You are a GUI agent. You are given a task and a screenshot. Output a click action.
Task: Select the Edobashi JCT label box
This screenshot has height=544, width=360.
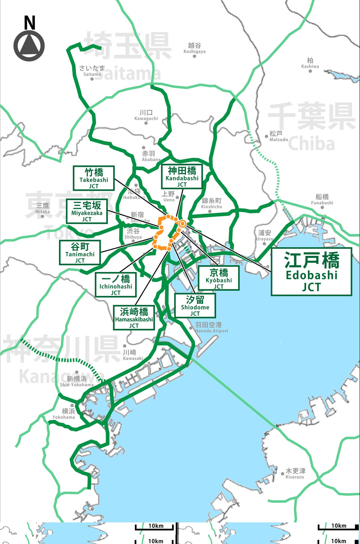coord(311,272)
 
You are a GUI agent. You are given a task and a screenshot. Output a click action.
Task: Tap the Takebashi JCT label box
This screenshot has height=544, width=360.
coord(94,178)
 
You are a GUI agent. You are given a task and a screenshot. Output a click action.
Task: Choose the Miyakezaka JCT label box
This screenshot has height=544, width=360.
coord(87,211)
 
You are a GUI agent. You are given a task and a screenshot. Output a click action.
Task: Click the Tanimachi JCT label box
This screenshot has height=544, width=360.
coord(80,252)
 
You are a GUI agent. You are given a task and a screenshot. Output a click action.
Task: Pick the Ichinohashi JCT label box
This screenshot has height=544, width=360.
coord(116,285)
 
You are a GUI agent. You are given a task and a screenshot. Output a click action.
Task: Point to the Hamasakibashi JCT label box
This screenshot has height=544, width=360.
coord(134,318)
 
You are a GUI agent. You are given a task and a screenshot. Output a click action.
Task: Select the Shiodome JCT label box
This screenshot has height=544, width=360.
coord(195,306)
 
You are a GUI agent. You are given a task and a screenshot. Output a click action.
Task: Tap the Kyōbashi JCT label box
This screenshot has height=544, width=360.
coord(219,278)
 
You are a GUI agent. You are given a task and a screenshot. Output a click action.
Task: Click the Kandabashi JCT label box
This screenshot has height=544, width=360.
coord(182,176)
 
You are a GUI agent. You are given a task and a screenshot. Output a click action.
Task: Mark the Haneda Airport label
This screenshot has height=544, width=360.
coord(211,328)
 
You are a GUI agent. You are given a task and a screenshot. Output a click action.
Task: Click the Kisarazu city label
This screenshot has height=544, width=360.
coord(295,474)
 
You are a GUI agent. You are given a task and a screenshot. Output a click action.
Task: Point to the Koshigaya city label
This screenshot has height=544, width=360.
coord(195,48)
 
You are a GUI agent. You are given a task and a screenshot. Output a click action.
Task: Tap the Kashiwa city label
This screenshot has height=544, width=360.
coord(310,63)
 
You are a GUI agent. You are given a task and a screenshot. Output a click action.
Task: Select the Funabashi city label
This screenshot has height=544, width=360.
coord(322,199)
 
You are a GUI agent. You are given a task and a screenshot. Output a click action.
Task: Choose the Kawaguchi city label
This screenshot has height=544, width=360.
coord(146,115)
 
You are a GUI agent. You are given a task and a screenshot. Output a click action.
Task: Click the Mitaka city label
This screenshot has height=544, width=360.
coord(42,208)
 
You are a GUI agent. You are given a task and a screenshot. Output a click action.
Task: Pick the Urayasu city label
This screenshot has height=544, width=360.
coord(265,235)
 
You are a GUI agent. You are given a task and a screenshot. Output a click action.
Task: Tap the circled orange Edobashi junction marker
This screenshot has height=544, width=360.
coord(182,224)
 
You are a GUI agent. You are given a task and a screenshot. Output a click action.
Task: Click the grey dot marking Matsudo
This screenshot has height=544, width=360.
coord(266,136)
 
